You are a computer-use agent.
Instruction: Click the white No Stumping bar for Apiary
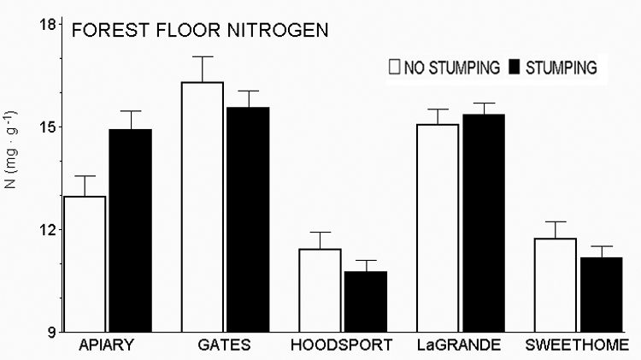(x=85, y=264)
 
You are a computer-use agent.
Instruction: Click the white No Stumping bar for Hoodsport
(x=319, y=291)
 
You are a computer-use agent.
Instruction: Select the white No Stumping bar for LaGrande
(x=437, y=228)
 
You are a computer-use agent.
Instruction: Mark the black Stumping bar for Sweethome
(x=600, y=295)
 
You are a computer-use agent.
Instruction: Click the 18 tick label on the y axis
(x=49, y=25)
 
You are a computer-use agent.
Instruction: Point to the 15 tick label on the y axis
(x=49, y=127)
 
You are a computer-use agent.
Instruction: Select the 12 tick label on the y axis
(x=49, y=230)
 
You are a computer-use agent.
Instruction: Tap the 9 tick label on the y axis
(x=52, y=333)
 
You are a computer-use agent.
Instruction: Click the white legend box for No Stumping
(x=395, y=66)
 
